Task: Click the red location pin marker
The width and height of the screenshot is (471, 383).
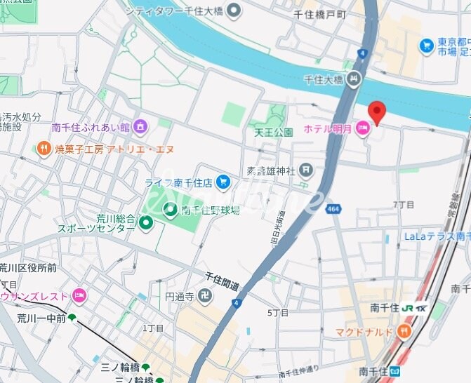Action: click(377, 112)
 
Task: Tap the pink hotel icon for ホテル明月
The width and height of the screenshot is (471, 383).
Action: click(363, 128)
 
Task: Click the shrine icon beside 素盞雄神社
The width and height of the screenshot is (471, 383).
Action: click(306, 169)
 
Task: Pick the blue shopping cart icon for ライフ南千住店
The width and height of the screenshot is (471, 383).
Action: click(223, 182)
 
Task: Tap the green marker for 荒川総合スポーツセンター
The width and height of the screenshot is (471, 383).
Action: click(145, 224)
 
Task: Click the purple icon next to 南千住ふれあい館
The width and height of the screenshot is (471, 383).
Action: click(140, 127)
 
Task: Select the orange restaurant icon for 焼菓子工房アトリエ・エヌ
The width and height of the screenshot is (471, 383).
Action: click(44, 149)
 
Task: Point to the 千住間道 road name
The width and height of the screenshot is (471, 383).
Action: click(222, 281)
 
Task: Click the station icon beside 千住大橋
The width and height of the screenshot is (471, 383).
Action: click(354, 80)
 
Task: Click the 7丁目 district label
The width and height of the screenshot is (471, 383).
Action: click(404, 204)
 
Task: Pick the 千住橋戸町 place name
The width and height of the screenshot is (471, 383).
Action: click(319, 14)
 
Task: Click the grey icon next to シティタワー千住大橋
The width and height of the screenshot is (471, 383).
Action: click(234, 11)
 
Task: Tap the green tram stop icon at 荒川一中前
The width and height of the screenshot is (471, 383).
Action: click(72, 318)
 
